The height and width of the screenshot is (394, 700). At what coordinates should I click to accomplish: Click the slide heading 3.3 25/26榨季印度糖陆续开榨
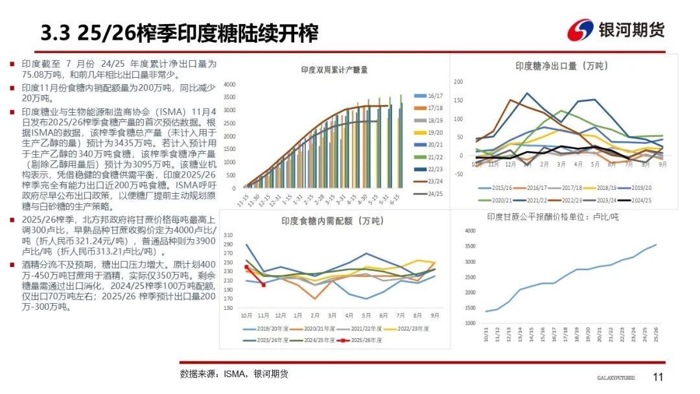(x=179, y=32)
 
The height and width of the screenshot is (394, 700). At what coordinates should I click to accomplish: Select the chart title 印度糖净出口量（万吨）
(x=561, y=65)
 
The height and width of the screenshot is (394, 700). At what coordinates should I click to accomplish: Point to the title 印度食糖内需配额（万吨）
(x=330, y=221)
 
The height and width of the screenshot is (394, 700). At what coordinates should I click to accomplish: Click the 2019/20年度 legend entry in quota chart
(x=265, y=329)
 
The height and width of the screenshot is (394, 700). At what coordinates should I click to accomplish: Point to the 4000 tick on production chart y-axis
(x=230, y=85)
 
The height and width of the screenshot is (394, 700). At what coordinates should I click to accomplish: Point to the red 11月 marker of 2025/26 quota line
(x=263, y=285)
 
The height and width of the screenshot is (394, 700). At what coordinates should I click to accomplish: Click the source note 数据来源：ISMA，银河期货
(x=234, y=374)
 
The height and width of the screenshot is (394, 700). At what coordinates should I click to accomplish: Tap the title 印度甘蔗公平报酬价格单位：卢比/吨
(x=552, y=217)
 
